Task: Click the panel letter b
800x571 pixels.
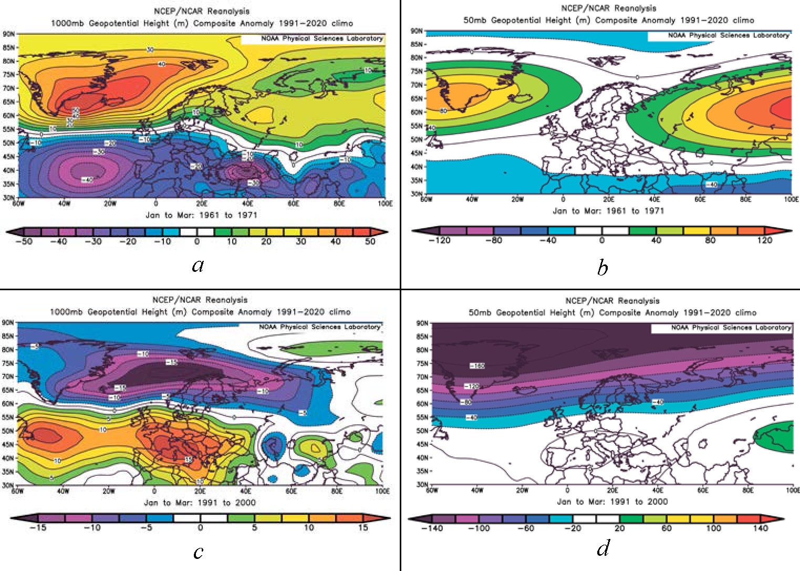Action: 602,268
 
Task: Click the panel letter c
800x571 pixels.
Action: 198,552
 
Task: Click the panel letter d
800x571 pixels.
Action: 603,548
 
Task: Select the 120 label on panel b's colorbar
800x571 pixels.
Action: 764,240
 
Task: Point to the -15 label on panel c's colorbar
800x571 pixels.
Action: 38,527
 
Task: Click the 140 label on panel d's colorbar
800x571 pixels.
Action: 760,528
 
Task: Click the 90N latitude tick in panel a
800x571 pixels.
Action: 9,34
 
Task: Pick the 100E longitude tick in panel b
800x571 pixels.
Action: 791,199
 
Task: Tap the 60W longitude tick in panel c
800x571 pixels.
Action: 17,491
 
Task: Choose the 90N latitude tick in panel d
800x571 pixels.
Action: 422,323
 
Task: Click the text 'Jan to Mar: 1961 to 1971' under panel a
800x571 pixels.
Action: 201,215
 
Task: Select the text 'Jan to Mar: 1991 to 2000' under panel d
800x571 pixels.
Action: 612,502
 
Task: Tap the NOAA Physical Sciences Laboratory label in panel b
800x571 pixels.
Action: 729,35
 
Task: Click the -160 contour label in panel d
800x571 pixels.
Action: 476,365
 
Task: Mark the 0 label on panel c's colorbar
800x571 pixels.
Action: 200,527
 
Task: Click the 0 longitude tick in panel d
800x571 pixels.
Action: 567,490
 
